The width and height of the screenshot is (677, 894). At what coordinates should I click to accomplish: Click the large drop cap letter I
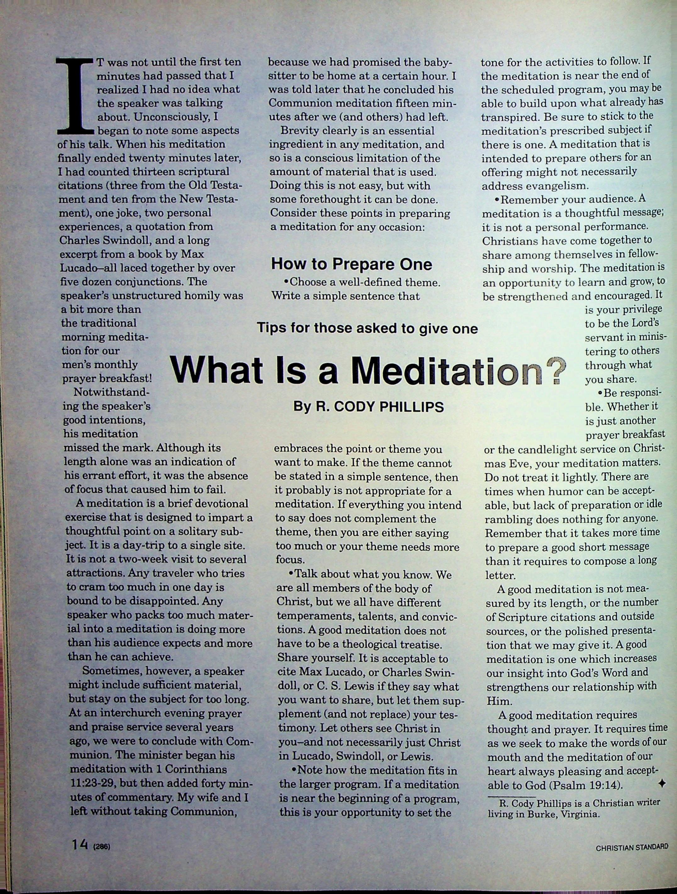(x=76, y=96)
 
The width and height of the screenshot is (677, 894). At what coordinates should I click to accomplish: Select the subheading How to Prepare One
(x=351, y=264)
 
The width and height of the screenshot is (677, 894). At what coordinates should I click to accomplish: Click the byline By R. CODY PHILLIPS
(x=368, y=406)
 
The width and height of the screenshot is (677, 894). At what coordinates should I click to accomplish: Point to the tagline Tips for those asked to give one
(x=367, y=328)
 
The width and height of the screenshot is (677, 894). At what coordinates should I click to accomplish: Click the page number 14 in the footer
(x=80, y=844)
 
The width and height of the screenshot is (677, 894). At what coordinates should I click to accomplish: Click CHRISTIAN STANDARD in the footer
(x=632, y=847)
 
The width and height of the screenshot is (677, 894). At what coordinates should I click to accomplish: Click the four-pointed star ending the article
(x=662, y=783)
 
